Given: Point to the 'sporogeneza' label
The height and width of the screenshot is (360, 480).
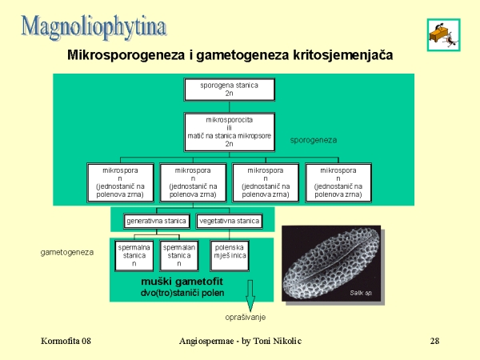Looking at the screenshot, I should point(313,139).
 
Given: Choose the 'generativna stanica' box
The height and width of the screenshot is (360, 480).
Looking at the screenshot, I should point(156,221).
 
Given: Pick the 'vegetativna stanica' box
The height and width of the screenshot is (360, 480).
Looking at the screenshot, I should point(229,221).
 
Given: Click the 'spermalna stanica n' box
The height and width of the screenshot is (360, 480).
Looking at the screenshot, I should point(134,255).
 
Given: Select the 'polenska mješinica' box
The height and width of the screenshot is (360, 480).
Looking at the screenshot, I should point(229,255).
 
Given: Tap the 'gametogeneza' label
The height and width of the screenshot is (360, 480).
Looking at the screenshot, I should point(67,252).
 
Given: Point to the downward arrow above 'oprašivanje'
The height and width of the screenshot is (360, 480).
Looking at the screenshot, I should point(250,296).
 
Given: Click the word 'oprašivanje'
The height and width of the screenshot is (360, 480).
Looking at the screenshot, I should point(250,318).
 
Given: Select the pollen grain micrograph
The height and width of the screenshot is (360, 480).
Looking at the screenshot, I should point(331,263).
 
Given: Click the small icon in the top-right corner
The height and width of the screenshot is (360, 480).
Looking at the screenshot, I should point(442,33).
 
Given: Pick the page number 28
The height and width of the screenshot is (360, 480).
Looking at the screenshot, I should point(434,342).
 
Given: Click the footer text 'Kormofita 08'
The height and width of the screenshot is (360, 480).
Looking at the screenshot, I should point(66,342).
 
